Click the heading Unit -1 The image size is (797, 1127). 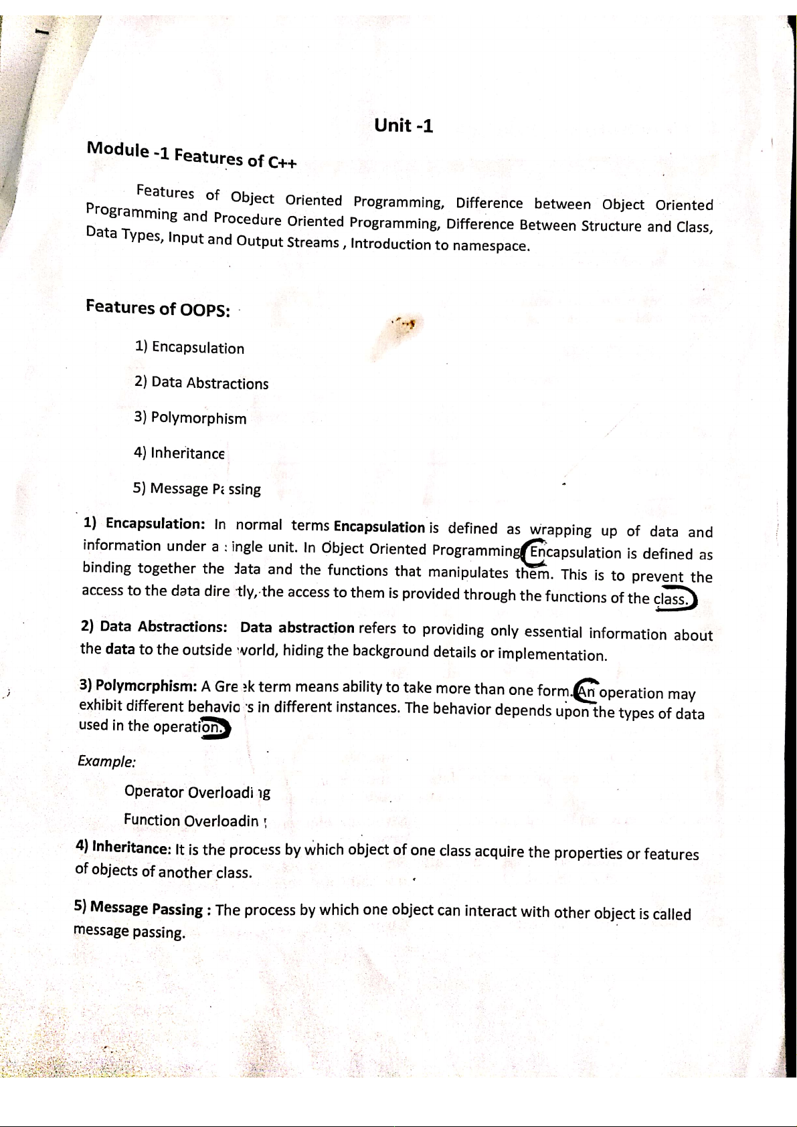[x=404, y=125]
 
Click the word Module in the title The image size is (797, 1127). [x=118, y=149]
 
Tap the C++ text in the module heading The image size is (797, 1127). [x=282, y=162]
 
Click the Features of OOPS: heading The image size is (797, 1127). [x=158, y=308]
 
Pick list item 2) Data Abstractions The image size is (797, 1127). [x=201, y=383]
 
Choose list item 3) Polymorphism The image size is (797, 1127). [x=190, y=418]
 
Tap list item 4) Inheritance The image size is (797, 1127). [x=179, y=453]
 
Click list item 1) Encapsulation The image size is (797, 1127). [x=189, y=347]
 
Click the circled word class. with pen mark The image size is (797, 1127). [x=672, y=599]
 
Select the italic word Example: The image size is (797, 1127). [x=107, y=761]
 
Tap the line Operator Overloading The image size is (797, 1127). [x=197, y=793]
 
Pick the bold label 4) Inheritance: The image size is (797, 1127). [x=123, y=847]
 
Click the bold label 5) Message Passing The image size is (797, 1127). [x=139, y=908]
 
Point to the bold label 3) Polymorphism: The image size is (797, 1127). [x=137, y=685]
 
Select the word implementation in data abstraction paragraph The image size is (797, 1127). [x=552, y=653]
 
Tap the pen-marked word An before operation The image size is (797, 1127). [x=587, y=692]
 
